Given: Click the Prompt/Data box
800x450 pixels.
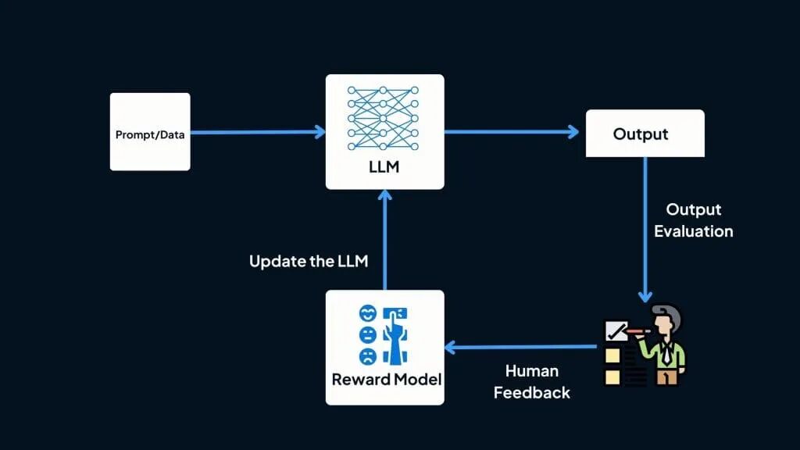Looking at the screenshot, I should point(150,132).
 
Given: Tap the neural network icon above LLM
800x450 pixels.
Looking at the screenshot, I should point(384,116).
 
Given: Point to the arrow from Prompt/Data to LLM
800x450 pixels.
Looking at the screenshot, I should point(257,132).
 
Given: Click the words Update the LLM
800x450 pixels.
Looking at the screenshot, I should point(308,261).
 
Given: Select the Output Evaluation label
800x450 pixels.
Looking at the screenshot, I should point(693,220).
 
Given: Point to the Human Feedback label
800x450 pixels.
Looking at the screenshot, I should point(531,381).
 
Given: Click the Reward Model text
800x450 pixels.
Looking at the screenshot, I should point(386,380).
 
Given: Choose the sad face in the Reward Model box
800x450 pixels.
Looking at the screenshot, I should point(366,357).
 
